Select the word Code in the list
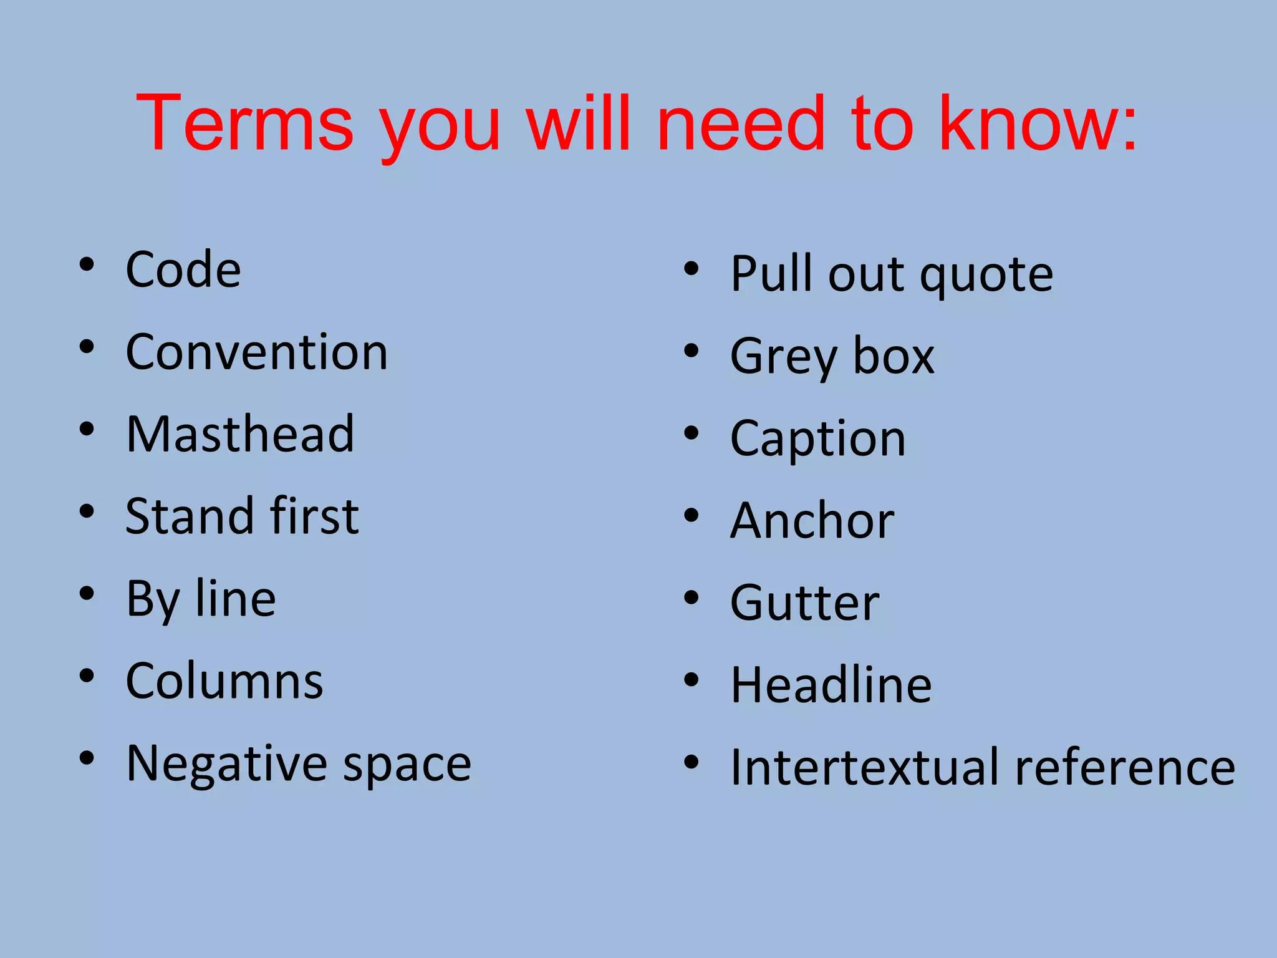[183, 269]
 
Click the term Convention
[256, 352]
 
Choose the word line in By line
[236, 598]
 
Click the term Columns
[224, 680]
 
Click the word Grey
[783, 357]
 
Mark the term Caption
[817, 438]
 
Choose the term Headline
[831, 685]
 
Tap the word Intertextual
[866, 767]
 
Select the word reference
[1125, 767]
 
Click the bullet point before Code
[87, 264]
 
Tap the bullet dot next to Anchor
[691, 515]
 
